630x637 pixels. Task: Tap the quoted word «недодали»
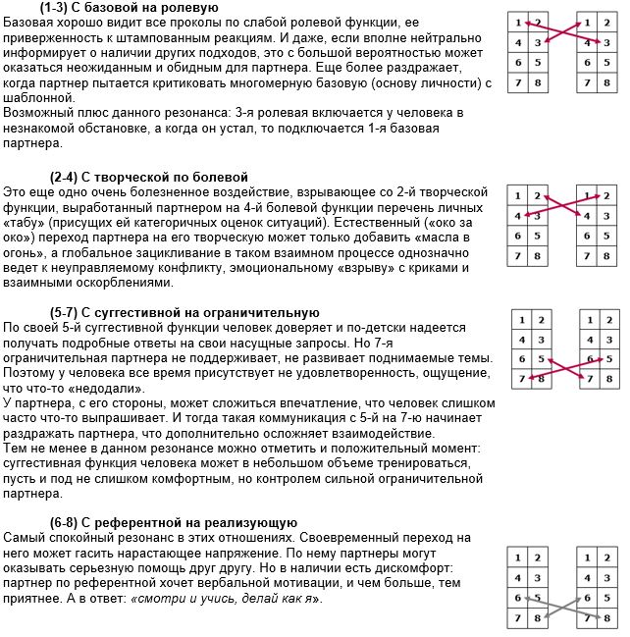pyautogui.click(x=129, y=388)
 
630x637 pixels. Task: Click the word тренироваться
pyautogui.click(x=441, y=466)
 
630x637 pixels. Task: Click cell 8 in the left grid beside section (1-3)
pyautogui.click(x=536, y=81)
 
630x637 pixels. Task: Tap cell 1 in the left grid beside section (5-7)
pyautogui.click(x=524, y=320)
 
